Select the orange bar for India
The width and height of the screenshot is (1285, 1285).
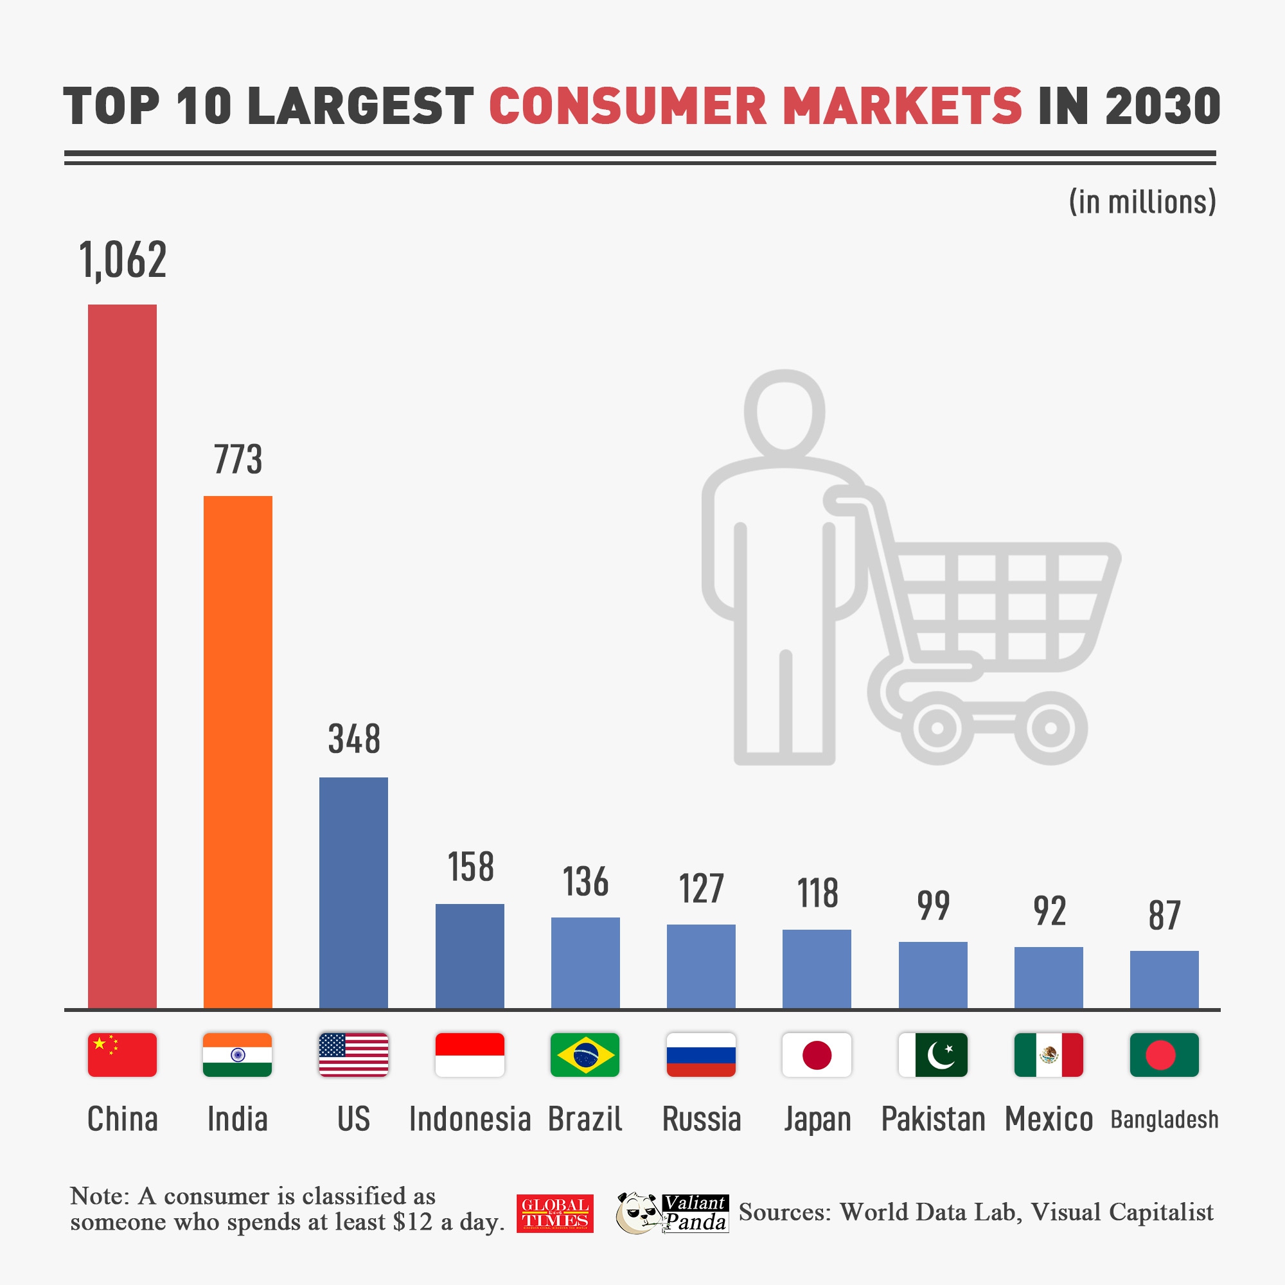point(238,752)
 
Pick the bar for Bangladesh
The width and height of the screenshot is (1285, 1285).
point(1164,979)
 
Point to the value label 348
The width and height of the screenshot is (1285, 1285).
point(354,739)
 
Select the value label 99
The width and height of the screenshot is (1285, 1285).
point(933,905)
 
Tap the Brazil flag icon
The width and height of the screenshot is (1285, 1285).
point(585,1055)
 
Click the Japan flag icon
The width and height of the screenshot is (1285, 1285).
point(817,1055)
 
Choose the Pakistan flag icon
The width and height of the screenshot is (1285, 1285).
point(932,1055)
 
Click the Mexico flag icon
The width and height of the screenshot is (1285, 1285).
point(1048,1055)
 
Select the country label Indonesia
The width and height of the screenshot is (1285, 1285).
point(470,1119)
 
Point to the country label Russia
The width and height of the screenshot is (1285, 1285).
point(701,1119)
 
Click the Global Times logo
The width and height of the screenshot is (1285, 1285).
point(554,1214)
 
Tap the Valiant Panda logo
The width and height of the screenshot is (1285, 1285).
point(672,1213)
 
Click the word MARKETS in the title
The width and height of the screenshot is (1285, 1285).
point(902,107)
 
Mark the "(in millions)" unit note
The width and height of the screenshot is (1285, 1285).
point(1142,202)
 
